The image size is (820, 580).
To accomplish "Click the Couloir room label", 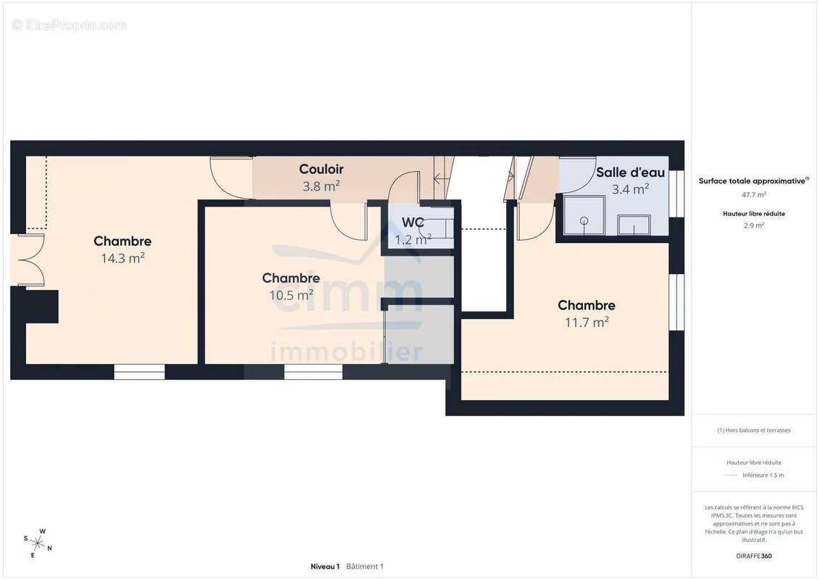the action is (x=321, y=169).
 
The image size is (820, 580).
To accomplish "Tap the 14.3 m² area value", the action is (x=123, y=258).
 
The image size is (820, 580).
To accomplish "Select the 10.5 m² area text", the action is (x=291, y=295).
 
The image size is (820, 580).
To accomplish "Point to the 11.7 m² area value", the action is (x=587, y=322).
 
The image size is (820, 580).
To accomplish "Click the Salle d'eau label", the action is (x=631, y=172).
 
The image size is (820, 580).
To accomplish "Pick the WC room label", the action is (x=413, y=223).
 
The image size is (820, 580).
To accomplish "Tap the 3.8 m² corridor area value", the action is (x=321, y=186).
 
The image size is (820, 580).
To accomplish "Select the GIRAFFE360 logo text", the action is (x=753, y=556).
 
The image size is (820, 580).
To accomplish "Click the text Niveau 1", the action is (x=325, y=566).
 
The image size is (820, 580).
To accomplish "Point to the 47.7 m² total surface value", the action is (x=753, y=194).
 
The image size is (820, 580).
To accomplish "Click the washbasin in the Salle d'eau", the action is (x=634, y=225).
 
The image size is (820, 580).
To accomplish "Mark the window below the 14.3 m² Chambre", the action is (x=140, y=372).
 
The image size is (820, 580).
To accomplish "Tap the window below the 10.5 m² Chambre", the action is (x=313, y=372).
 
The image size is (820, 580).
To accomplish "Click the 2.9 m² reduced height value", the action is (x=753, y=225).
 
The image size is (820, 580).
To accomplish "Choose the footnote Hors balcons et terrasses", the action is (x=753, y=431).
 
